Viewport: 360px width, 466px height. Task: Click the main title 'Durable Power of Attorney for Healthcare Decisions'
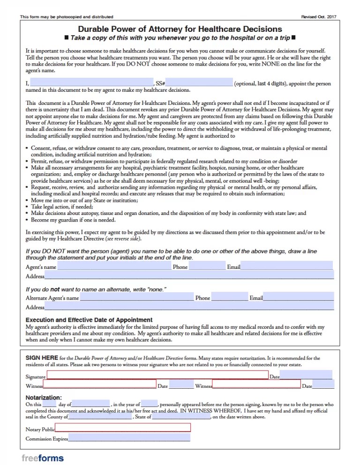tap(180, 29)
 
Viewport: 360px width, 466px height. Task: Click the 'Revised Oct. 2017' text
tap(319, 17)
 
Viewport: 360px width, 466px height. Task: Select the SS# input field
tap(200, 83)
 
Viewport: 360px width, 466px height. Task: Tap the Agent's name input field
tap(114, 266)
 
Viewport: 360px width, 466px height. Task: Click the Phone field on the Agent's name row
tap(207, 266)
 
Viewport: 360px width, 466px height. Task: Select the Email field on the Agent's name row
tap(286, 266)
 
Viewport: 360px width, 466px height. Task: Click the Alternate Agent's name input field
tap(136, 297)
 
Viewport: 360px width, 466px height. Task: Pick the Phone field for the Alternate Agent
tap(229, 297)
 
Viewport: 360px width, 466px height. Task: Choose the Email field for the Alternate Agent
tap(298, 297)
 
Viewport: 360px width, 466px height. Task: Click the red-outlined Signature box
tap(157, 375)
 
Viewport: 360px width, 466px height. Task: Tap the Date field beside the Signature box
tap(306, 375)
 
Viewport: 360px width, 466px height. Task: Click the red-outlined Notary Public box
tap(123, 427)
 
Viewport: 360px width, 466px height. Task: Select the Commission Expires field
tap(129, 438)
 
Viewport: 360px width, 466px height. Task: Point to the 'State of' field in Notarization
tap(181, 416)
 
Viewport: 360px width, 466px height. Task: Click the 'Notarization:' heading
tap(44, 398)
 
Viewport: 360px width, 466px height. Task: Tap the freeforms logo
tap(43, 458)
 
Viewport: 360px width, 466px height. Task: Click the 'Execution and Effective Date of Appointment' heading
tap(89, 320)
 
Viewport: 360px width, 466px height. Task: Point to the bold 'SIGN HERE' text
tap(42, 358)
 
